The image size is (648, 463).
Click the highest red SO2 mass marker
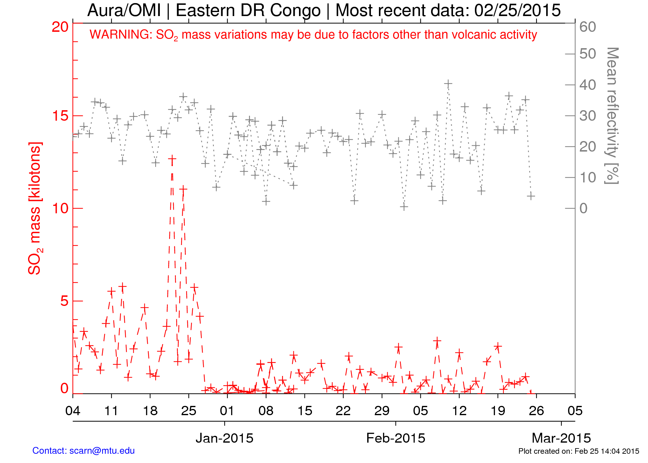(x=172, y=159)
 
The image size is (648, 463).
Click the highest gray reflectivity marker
(x=448, y=84)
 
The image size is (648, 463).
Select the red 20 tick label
(x=60, y=27)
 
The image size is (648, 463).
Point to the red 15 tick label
(x=60, y=116)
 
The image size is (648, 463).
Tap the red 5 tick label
(x=64, y=301)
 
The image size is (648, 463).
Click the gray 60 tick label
(x=588, y=27)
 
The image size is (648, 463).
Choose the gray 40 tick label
(x=588, y=85)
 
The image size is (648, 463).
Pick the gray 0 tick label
(x=583, y=209)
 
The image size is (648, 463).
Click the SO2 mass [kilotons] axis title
(x=35, y=208)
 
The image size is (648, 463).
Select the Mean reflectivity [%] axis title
(x=612, y=116)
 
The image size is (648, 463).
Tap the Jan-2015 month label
(x=224, y=438)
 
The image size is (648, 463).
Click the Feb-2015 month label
(x=396, y=438)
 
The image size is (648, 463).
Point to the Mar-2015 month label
(x=561, y=438)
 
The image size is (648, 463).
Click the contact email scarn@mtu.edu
(x=102, y=451)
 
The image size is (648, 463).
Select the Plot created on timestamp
(x=579, y=451)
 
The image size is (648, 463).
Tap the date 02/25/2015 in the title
(x=517, y=10)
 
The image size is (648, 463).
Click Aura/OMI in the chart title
(x=124, y=10)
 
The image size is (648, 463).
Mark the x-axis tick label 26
(x=536, y=411)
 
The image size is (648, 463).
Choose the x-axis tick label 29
(x=382, y=411)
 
